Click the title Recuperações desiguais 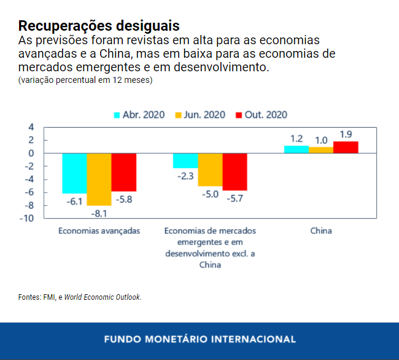tap(99, 26)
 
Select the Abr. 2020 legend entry tap(138, 115)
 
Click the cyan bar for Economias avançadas tap(74, 173)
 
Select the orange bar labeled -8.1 tap(99, 179)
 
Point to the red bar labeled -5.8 tap(123, 171)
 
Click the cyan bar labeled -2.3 tap(185, 160)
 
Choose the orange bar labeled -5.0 tap(210, 169)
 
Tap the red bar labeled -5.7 tap(234, 171)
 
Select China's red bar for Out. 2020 tap(346, 147)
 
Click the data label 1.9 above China tap(346, 134)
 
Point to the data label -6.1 tap(74, 201)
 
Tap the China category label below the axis tap(321, 231)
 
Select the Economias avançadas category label tap(99, 231)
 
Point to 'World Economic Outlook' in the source tap(103, 297)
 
